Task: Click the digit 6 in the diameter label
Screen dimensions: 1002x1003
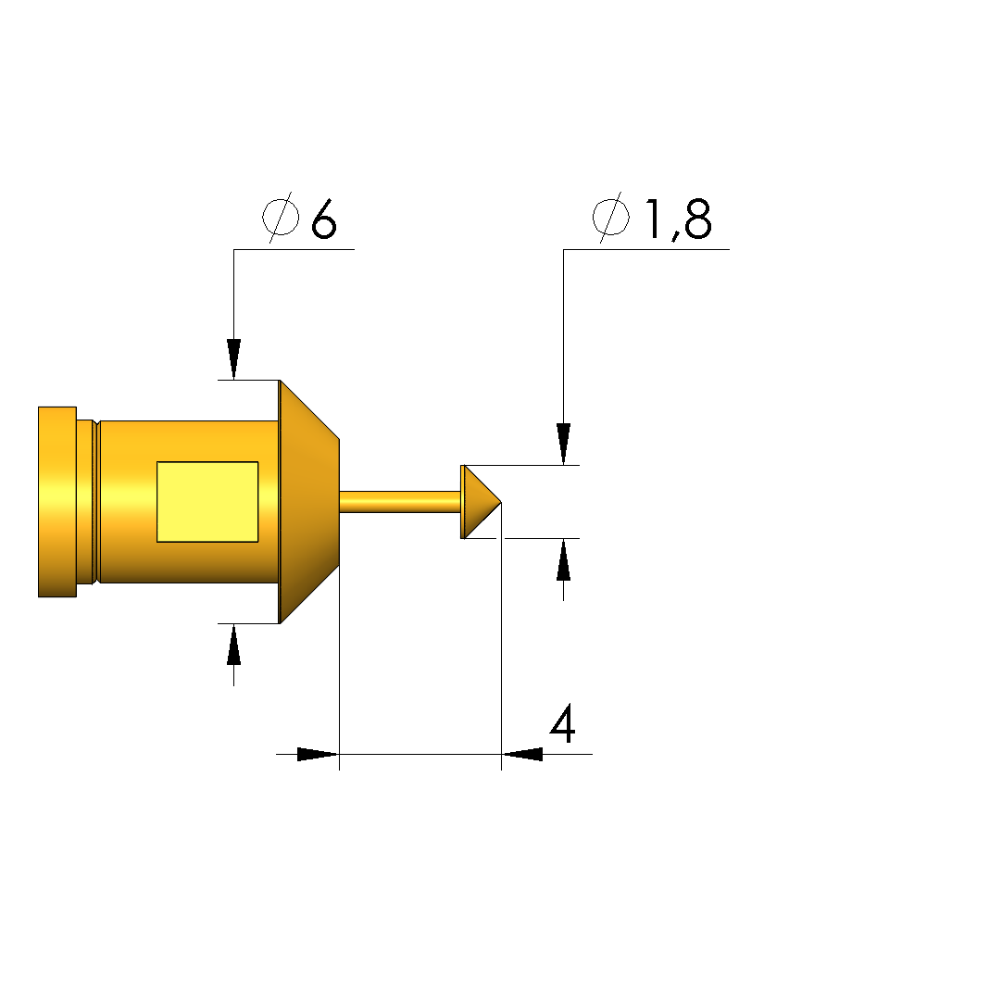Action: (x=324, y=219)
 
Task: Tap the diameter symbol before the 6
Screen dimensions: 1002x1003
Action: (x=281, y=218)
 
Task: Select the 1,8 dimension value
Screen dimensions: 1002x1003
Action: (x=679, y=219)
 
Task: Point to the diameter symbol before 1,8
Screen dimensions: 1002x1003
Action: (x=610, y=218)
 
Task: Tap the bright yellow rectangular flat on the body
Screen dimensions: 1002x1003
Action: (x=207, y=502)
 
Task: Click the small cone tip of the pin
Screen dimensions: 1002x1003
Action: (x=481, y=502)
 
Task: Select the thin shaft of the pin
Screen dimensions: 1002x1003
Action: (x=400, y=502)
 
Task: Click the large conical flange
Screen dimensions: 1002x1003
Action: (x=309, y=502)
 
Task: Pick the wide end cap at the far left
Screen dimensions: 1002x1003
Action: (x=57, y=502)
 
